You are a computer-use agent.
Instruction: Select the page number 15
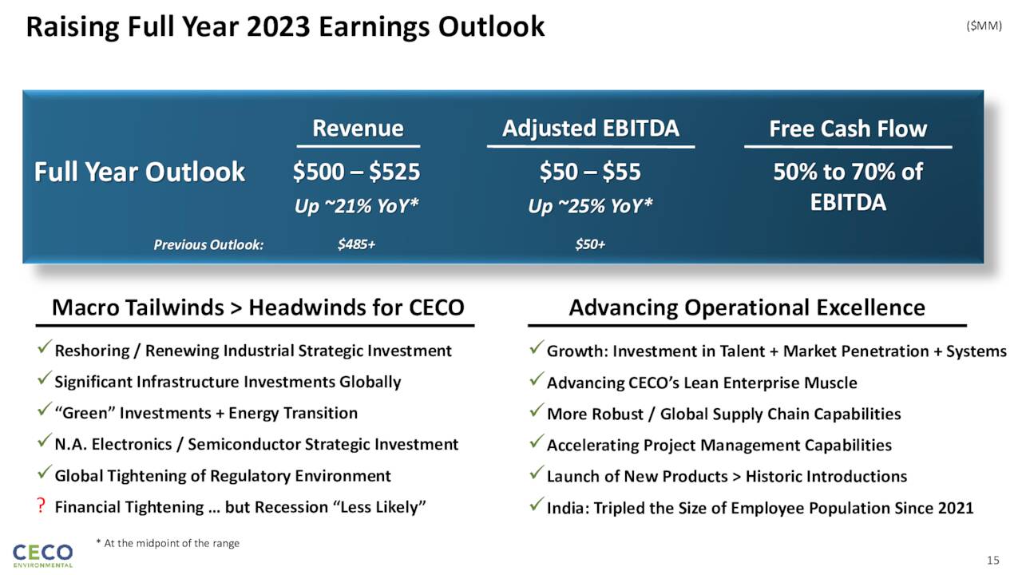[992, 559]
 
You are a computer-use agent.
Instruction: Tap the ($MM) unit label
[984, 26]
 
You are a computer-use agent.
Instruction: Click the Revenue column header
[358, 129]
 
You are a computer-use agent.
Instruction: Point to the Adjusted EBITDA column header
[590, 129]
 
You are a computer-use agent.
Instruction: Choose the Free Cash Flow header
[847, 129]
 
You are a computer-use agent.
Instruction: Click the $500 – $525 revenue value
[356, 172]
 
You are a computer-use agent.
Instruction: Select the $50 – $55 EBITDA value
[590, 172]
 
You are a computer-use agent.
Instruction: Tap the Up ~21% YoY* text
[356, 207]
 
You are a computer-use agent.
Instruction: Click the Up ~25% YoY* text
[590, 207]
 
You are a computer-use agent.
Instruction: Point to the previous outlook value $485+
[356, 244]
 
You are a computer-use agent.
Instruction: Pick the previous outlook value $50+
[590, 244]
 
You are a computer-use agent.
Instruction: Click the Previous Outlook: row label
[208, 244]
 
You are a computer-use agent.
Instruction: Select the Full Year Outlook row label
[139, 172]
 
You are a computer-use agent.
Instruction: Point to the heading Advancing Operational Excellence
[747, 307]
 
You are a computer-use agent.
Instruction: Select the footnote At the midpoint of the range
[172, 543]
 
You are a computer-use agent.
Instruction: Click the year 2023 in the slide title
[272, 27]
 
